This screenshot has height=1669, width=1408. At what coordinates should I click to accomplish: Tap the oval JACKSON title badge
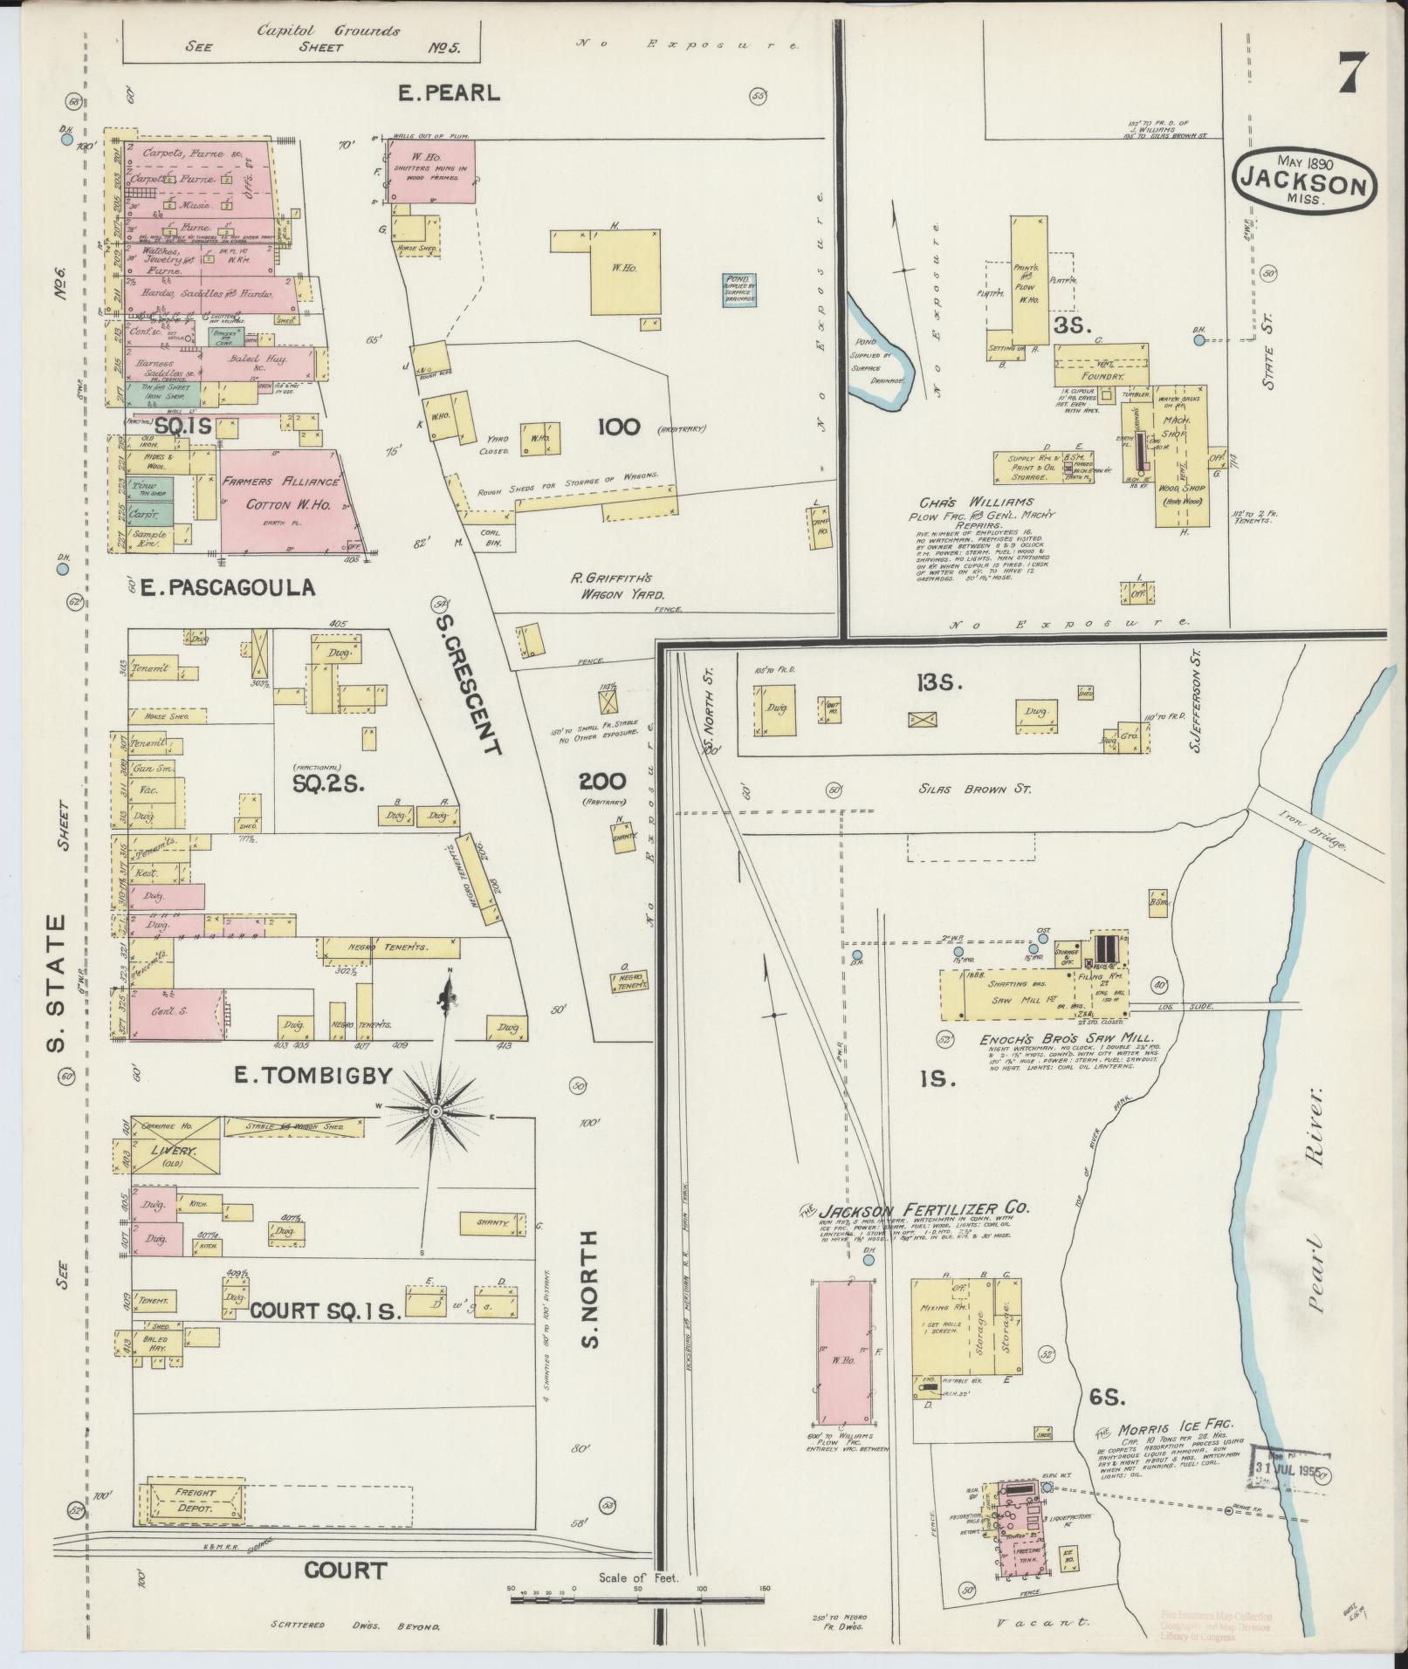click(x=1305, y=181)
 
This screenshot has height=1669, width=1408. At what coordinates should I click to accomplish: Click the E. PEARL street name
click(x=449, y=93)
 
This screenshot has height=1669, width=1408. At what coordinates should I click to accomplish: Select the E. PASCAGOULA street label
click(x=228, y=587)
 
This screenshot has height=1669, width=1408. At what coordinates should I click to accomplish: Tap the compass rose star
click(x=434, y=1111)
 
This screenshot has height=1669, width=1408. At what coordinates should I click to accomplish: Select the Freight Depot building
click(x=195, y=1499)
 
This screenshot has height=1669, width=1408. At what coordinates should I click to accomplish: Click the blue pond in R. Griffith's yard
click(x=738, y=289)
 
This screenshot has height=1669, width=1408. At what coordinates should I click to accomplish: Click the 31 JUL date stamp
click(x=1290, y=1467)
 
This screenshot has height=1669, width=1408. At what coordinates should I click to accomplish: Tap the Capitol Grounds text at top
click(x=328, y=31)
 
